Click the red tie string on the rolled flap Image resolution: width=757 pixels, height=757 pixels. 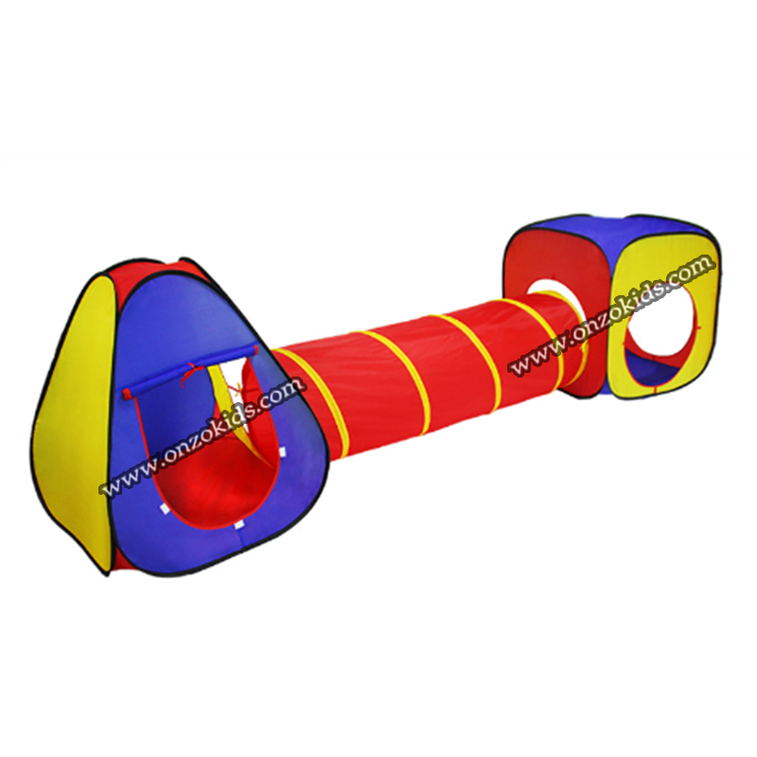pos(191,374)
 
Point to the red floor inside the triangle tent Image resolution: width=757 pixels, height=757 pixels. pos(218,487)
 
